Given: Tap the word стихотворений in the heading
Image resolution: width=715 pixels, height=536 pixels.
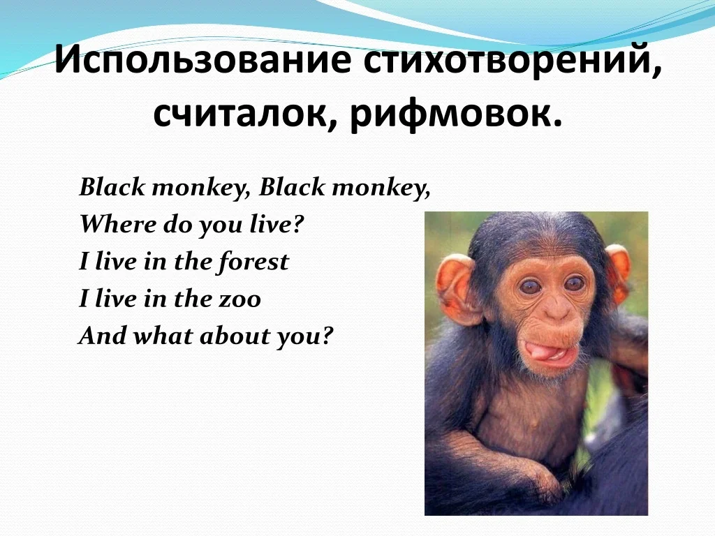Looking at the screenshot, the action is tap(513, 60).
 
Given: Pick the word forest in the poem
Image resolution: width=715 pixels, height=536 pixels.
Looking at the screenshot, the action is tap(253, 262).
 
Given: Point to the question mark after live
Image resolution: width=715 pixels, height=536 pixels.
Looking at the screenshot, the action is tap(298, 224).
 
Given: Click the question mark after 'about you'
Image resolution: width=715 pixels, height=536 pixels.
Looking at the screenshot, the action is tap(328, 336).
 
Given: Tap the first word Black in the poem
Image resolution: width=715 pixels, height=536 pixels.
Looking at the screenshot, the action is tap(112, 187).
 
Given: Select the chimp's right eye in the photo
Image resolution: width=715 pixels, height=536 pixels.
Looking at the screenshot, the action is tap(574, 283).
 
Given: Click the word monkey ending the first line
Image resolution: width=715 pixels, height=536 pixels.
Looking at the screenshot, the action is tap(381, 187).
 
